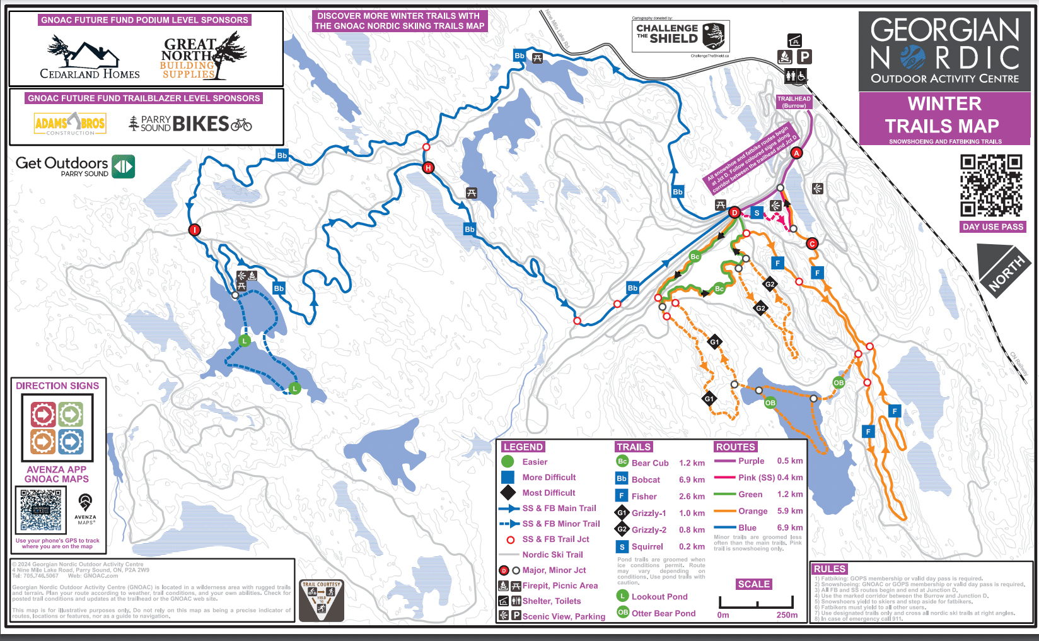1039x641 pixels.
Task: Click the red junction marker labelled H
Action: click(x=429, y=168)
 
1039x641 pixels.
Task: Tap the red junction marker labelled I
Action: click(x=195, y=230)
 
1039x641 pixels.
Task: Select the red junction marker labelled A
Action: click(x=796, y=153)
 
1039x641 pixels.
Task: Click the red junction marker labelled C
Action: click(x=812, y=244)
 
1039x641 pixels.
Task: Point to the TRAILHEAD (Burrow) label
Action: click(x=794, y=102)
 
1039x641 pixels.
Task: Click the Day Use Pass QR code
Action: click(x=991, y=185)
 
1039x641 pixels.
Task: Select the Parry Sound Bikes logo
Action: click(x=190, y=124)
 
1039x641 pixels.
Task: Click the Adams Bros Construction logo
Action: click(x=70, y=124)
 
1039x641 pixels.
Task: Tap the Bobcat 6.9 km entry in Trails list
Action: click(x=660, y=479)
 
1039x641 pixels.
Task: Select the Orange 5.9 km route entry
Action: click(x=758, y=511)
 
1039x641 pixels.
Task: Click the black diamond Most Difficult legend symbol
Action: click(x=508, y=493)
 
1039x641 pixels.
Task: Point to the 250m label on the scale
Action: click(x=787, y=615)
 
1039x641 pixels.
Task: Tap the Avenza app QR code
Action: click(x=41, y=510)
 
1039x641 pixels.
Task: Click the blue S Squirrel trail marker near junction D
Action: click(x=757, y=213)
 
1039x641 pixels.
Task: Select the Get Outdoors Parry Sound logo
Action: click(x=75, y=167)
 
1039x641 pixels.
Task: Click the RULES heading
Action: click(x=829, y=569)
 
